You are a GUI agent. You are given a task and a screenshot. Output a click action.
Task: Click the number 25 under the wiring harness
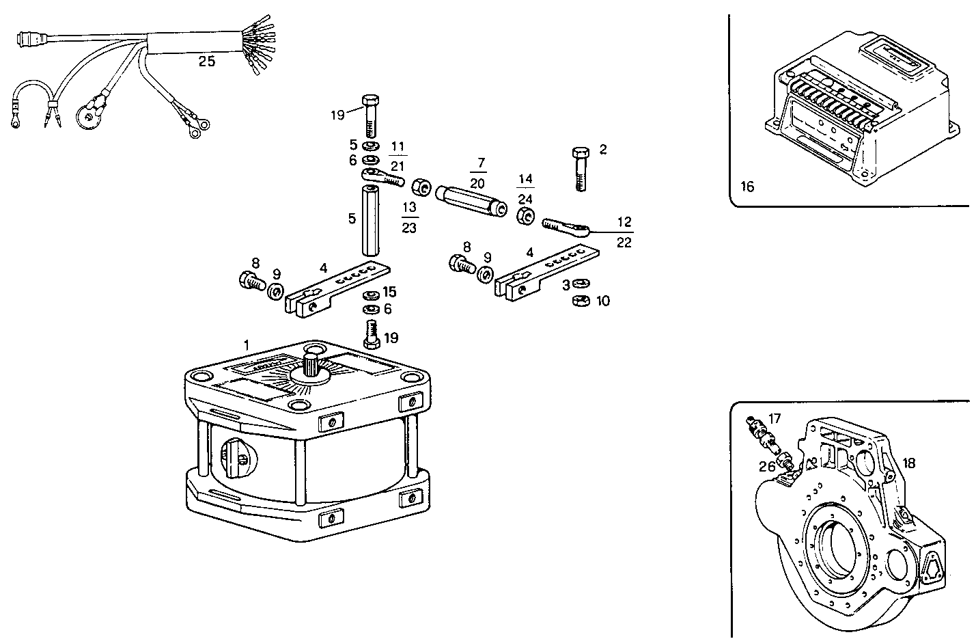[x=206, y=62]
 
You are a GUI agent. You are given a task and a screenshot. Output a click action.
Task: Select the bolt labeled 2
[x=580, y=167]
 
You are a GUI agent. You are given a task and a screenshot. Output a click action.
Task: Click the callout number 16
[x=748, y=186]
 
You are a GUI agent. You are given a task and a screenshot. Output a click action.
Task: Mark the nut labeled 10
[x=581, y=301]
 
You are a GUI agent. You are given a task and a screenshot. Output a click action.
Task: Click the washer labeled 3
[x=581, y=283]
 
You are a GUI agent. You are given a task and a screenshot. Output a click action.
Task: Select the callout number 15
[x=389, y=292]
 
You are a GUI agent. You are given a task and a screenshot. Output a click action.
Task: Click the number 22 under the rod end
[x=624, y=242]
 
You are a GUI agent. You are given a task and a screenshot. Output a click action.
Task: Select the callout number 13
[x=409, y=207]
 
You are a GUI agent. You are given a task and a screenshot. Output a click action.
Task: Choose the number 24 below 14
[x=525, y=200]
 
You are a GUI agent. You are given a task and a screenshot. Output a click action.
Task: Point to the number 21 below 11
[x=398, y=166]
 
